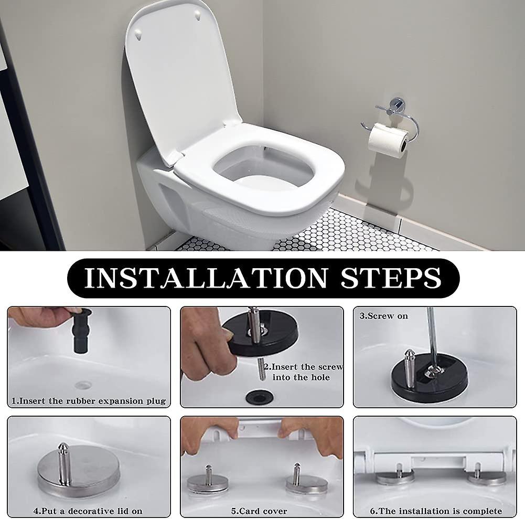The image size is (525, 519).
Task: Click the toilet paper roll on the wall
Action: coord(387,139)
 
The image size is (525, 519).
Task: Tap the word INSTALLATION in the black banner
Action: coord(205,278)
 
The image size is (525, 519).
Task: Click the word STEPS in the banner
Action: coord(391,278)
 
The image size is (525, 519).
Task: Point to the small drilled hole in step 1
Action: coord(83,385)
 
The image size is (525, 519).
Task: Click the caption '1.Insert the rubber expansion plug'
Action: coord(89,401)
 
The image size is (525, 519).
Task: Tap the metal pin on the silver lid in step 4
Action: coord(63,462)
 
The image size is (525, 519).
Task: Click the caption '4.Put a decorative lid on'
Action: coord(88,511)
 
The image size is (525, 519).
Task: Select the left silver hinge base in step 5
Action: coord(208,481)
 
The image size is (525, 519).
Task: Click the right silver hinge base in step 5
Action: coord(306,481)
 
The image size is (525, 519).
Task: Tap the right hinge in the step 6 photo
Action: coord(486,475)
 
